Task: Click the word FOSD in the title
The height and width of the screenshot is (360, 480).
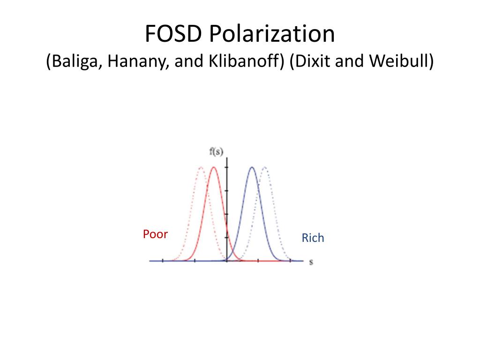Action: point(173,33)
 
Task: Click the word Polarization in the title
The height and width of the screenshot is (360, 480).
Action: point(272,33)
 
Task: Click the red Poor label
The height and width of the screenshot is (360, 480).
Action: point(155,234)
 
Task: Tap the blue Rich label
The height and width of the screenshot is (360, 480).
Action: point(313,238)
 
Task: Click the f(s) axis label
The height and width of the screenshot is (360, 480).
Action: point(216,151)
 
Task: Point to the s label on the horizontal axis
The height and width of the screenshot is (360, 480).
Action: point(311,262)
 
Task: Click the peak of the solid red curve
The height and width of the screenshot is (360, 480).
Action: point(214,167)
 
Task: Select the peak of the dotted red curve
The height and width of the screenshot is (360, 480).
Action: point(201,167)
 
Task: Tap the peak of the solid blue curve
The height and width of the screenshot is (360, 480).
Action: point(252,167)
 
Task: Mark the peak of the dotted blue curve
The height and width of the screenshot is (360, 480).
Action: point(265,167)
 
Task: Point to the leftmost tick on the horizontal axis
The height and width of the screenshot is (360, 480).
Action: point(163,261)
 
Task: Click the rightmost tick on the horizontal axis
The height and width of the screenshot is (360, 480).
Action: point(290,261)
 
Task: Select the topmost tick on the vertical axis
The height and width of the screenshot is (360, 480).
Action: point(227,167)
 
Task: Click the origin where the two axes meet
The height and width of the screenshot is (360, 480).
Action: point(227,261)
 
